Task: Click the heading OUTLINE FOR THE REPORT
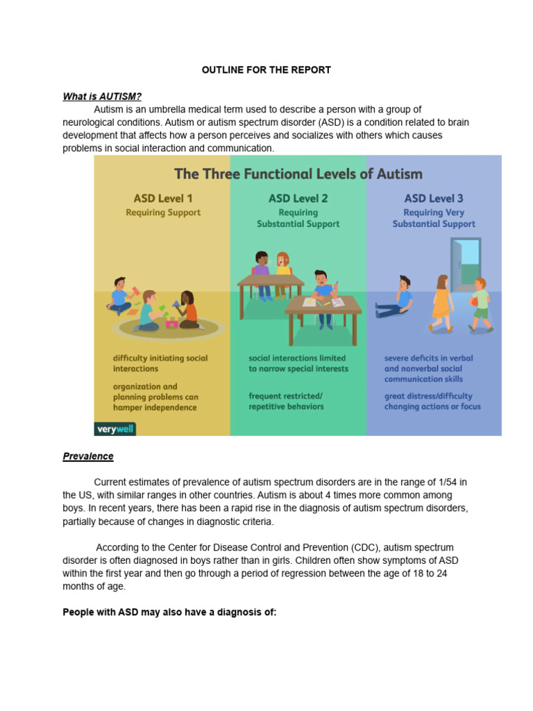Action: click(266, 70)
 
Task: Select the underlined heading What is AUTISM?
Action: click(102, 97)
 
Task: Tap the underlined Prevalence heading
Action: click(88, 456)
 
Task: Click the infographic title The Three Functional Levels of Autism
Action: click(298, 173)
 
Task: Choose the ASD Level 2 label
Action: click(298, 199)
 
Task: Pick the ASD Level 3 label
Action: click(434, 199)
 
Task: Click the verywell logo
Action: click(115, 428)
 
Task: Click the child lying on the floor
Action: click(395, 298)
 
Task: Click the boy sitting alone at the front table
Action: click(322, 296)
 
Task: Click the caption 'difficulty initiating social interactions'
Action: click(160, 363)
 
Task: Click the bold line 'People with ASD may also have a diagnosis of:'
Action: click(169, 612)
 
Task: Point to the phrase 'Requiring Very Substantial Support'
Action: click(434, 218)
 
